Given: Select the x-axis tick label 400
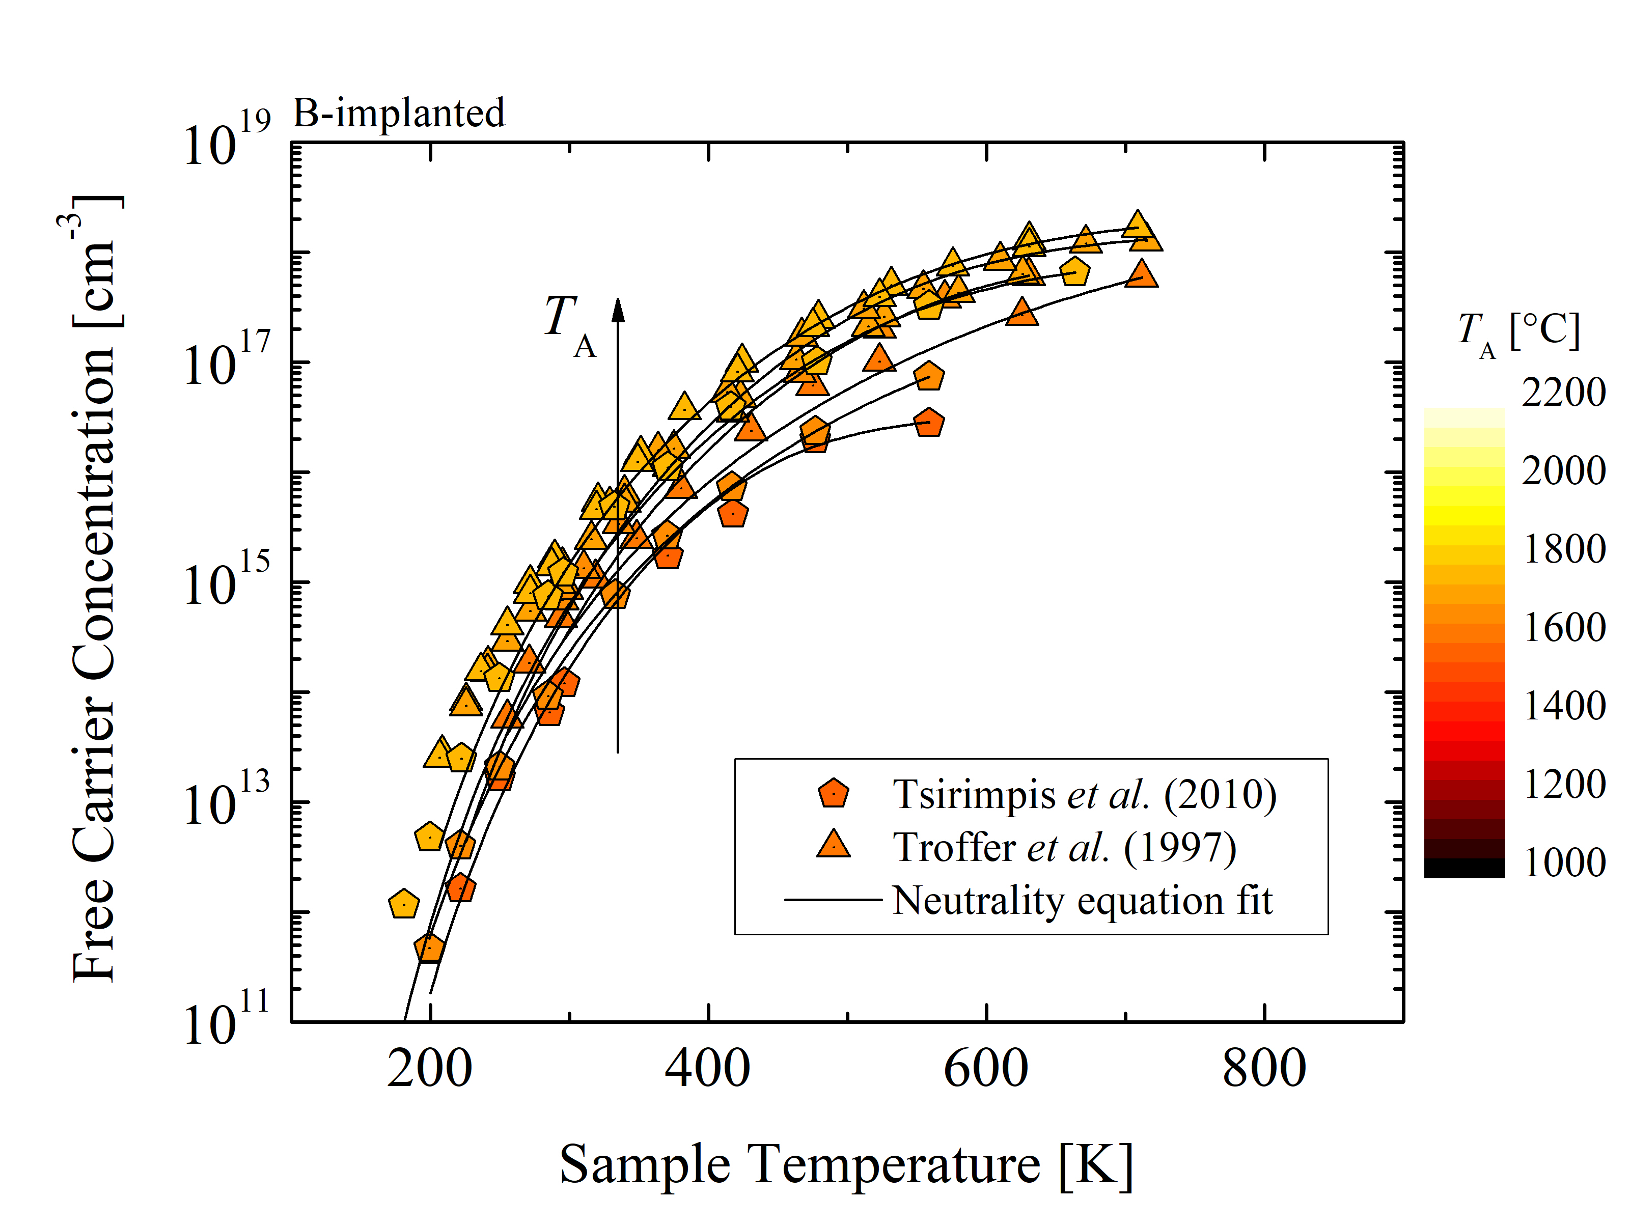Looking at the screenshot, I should point(707,1069).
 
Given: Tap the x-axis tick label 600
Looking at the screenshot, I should point(986,1069).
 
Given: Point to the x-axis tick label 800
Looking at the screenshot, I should point(1264,1069).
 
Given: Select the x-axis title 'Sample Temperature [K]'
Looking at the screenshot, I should point(846,1165).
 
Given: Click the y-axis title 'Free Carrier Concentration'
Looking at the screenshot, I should point(94,590).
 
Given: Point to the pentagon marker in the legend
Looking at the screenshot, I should point(834,794).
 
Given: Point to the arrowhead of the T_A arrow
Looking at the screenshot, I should point(618,310).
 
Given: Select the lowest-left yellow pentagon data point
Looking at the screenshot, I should point(404,903).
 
